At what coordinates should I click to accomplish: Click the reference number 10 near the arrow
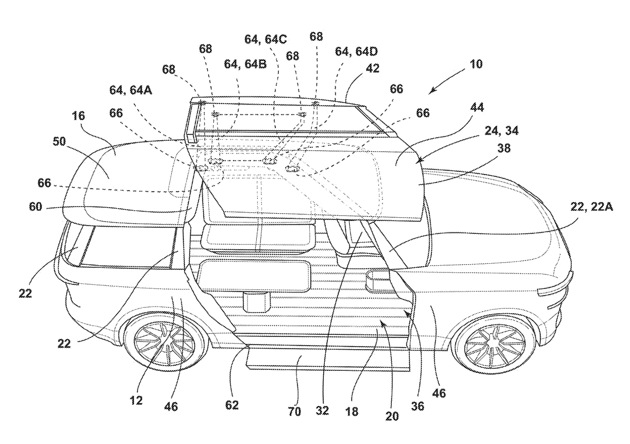click(476, 64)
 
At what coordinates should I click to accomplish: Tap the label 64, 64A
click(131, 90)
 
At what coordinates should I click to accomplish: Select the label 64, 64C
click(266, 39)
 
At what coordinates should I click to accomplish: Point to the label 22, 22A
click(591, 207)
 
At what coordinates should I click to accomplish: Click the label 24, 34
click(502, 131)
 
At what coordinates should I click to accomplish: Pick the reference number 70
click(294, 412)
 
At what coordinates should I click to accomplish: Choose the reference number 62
click(232, 405)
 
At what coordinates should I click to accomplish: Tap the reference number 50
click(59, 141)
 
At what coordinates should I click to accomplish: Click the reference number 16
click(78, 115)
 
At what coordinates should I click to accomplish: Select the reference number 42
click(372, 69)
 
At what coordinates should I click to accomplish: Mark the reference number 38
click(504, 148)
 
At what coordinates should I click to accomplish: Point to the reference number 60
click(36, 207)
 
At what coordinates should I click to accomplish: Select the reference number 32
click(322, 411)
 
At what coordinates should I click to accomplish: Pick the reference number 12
click(136, 400)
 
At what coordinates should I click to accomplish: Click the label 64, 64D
click(356, 52)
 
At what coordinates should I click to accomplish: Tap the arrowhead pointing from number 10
click(432, 90)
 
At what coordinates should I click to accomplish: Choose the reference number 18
click(352, 412)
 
